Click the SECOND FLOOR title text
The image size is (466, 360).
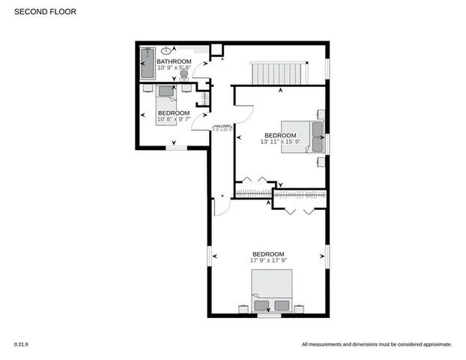point(45,12)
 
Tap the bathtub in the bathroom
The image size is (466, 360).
point(147,64)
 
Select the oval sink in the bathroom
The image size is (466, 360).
point(166,50)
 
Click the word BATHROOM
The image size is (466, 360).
point(174,61)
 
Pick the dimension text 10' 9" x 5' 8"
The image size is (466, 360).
point(174,68)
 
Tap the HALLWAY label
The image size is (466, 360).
point(223,126)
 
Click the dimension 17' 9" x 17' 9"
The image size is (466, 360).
point(268,260)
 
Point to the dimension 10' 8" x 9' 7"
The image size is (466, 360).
point(173,118)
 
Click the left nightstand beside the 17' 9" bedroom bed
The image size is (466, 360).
point(242,308)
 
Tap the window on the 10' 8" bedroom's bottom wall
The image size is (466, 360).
point(175,148)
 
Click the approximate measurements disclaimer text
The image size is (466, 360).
point(376,344)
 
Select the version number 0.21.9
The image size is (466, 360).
point(20,344)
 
